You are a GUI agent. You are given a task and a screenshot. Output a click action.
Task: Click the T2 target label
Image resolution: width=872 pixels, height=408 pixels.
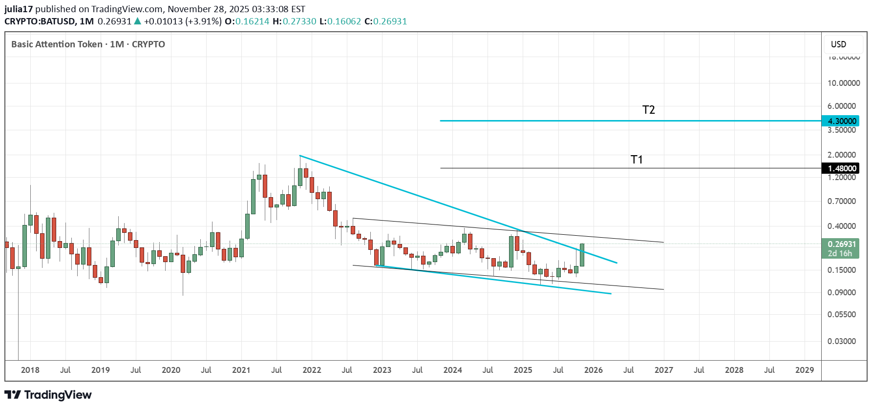click(648, 110)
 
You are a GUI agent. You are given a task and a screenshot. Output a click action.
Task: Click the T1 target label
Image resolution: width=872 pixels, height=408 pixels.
click(637, 160)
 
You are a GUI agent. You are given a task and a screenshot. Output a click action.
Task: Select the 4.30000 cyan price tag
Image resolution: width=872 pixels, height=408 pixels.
click(842, 121)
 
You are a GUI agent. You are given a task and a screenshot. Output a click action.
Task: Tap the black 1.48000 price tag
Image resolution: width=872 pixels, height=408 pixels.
click(842, 168)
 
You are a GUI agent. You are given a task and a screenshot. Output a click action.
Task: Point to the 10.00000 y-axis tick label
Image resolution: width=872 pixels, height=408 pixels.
click(843, 83)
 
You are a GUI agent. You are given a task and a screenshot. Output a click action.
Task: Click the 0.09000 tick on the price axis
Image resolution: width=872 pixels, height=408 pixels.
click(841, 292)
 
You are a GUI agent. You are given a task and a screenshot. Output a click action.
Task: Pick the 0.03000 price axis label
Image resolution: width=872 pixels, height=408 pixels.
click(841, 341)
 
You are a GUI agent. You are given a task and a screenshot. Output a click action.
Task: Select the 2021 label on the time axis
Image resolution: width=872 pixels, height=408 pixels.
click(241, 370)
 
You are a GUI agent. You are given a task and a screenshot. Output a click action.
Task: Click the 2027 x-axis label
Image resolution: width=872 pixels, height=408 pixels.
click(663, 370)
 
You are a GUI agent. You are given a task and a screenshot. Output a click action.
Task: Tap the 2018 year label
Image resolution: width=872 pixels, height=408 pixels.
click(30, 370)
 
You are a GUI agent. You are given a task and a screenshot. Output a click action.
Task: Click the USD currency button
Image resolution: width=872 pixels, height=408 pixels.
click(838, 44)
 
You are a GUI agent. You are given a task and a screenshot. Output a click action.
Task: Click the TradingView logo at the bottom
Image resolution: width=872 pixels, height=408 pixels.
click(48, 395)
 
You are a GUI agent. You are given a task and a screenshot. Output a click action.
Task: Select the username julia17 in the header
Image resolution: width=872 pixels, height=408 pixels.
click(19, 9)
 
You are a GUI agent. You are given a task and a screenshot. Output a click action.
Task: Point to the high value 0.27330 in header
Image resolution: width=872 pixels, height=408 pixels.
click(299, 21)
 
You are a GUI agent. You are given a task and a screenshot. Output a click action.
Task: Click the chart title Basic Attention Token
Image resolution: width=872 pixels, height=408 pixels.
click(57, 44)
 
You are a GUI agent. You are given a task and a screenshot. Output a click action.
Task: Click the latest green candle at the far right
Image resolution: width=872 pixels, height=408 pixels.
click(582, 255)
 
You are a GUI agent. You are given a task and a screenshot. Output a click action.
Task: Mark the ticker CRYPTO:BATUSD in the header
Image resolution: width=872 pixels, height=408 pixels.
click(40, 21)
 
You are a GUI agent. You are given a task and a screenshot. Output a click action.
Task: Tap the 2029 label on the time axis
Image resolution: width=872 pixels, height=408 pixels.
click(804, 370)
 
